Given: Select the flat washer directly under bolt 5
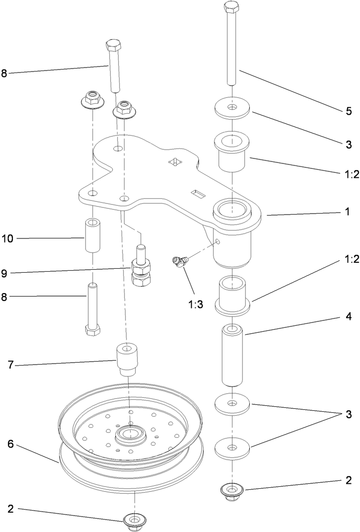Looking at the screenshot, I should point(232,108).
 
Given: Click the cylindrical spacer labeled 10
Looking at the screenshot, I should point(93,235).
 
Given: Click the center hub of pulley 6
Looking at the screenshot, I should point(130,434).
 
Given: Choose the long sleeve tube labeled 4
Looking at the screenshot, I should point(232,355).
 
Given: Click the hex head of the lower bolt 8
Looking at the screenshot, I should point(93,330).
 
